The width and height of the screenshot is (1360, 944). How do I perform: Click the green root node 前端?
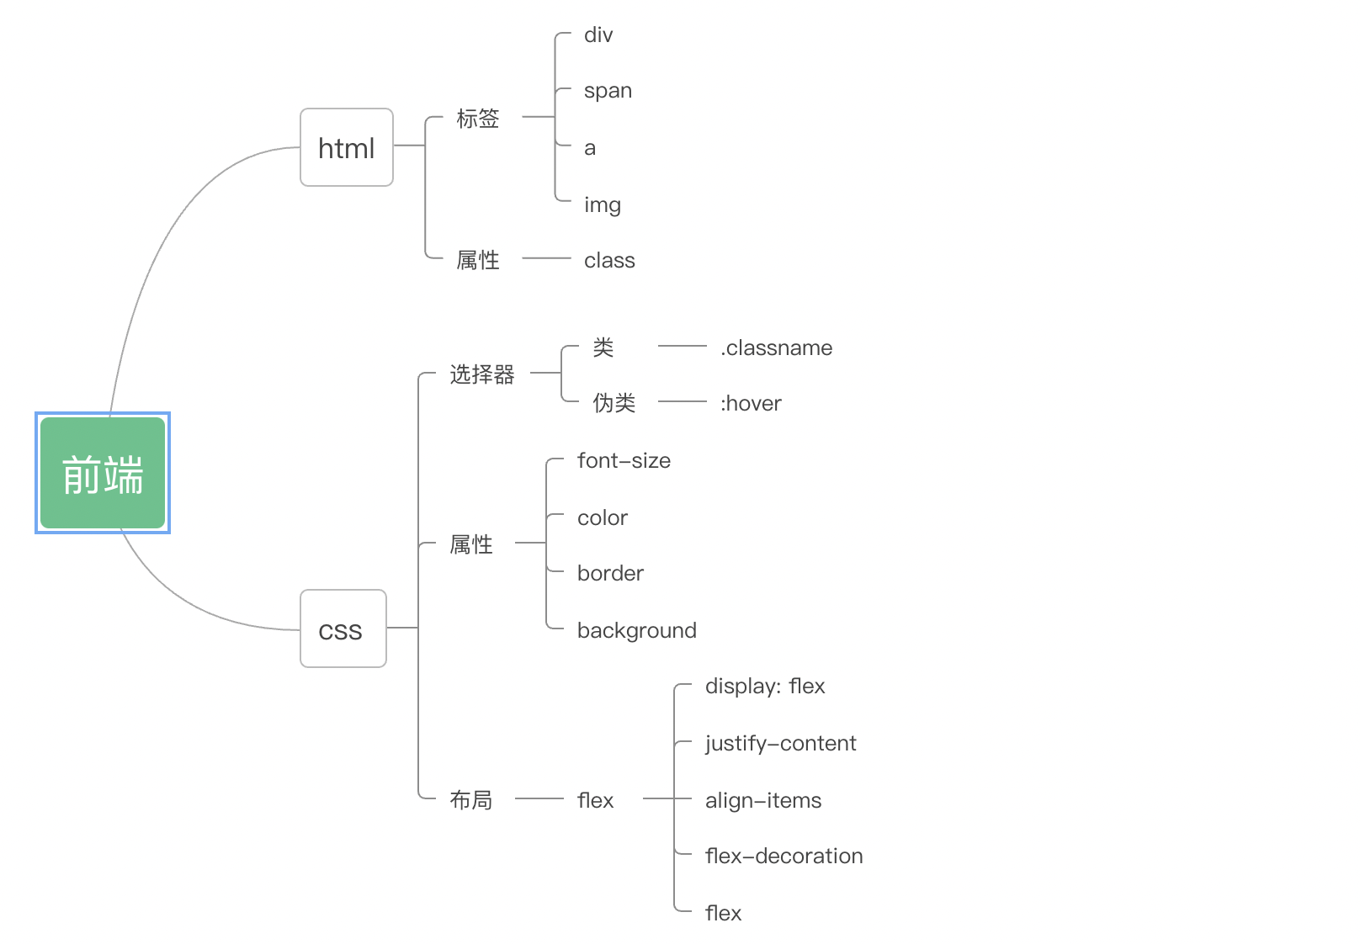tap(103, 473)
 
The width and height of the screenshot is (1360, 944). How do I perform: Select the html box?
tap(347, 147)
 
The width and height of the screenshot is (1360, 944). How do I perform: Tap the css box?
tap(343, 628)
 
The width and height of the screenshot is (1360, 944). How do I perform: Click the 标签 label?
tap(477, 119)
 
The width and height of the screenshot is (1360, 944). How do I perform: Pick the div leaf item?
tap(598, 35)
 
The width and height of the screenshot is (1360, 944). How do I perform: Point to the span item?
tap(608, 91)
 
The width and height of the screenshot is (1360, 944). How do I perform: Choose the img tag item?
tap(603, 204)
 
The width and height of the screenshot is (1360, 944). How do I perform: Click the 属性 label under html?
tap(477, 260)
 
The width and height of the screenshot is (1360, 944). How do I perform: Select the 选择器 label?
tap(481, 374)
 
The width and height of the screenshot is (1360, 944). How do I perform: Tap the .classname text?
tap(776, 347)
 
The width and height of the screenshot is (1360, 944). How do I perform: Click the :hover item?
tap(751, 404)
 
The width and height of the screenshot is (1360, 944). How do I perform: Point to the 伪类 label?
tap(614, 403)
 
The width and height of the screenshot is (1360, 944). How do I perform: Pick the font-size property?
tap(624, 461)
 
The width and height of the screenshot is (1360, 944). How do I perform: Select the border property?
tap(610, 574)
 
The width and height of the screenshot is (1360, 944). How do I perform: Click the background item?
tap(636, 630)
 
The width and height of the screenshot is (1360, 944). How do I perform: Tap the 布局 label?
tap(470, 800)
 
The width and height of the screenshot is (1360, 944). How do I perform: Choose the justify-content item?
tap(780, 744)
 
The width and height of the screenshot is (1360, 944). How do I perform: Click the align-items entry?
tap(763, 800)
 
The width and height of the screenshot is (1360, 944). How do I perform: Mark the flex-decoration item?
tap(784, 856)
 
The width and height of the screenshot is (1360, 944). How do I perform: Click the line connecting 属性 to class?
tap(546, 258)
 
